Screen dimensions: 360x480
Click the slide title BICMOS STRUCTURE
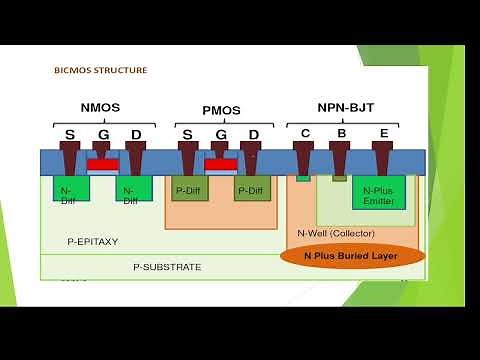point(100,71)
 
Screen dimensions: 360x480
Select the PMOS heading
point(220,110)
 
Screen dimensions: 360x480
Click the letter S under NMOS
point(69,134)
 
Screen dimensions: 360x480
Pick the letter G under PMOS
point(220,135)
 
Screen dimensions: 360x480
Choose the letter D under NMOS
point(135,134)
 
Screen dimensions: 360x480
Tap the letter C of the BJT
point(305,131)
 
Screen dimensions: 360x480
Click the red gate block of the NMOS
point(102,164)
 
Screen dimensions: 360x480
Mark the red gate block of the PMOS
point(221,164)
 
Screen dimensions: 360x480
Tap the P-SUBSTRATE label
point(167,267)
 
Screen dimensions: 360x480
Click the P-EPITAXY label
point(93,241)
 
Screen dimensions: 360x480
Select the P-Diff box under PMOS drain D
point(252,187)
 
